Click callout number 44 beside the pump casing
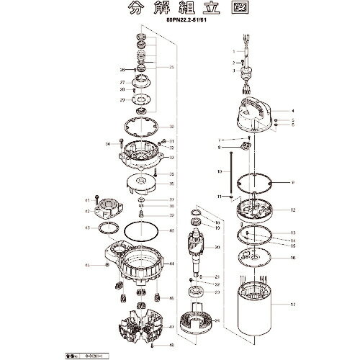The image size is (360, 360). click(171, 264)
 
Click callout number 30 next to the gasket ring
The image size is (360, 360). click(171, 127)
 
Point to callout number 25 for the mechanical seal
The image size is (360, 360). click(171, 67)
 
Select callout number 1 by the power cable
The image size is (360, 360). click(234, 52)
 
